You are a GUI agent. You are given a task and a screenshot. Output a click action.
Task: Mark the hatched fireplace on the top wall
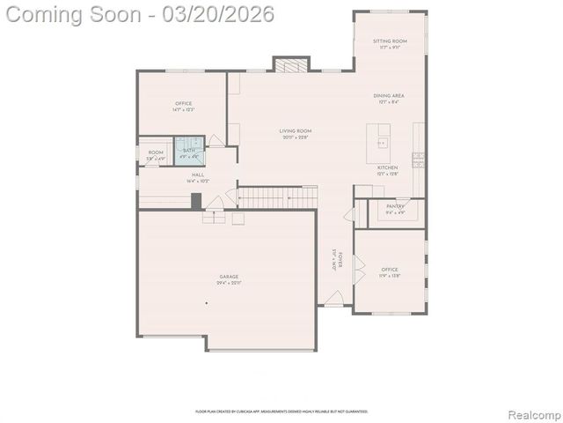[291, 64]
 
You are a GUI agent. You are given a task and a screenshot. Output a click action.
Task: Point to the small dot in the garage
[207, 303]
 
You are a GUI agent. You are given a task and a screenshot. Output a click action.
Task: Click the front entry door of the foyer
[333, 300]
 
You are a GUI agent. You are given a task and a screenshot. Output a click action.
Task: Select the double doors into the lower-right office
[356, 270]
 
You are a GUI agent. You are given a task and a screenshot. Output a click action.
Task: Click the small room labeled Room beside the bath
[156, 155]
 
